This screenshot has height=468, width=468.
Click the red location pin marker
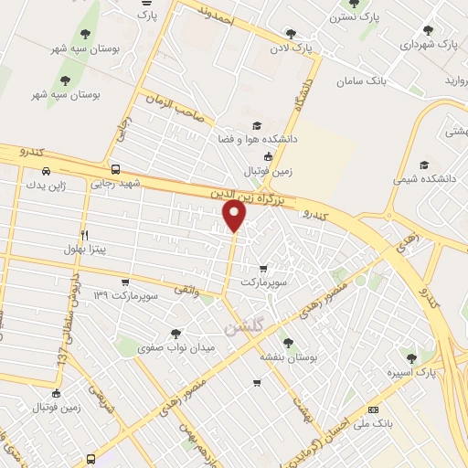coord(235,216)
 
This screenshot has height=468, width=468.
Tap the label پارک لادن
coord(296,47)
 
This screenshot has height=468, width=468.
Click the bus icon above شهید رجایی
coord(115,168)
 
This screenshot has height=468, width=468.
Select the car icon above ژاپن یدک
coord(46,171)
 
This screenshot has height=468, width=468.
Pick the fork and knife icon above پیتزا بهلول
coord(83,234)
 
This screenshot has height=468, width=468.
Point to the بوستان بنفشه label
coord(288,359)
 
